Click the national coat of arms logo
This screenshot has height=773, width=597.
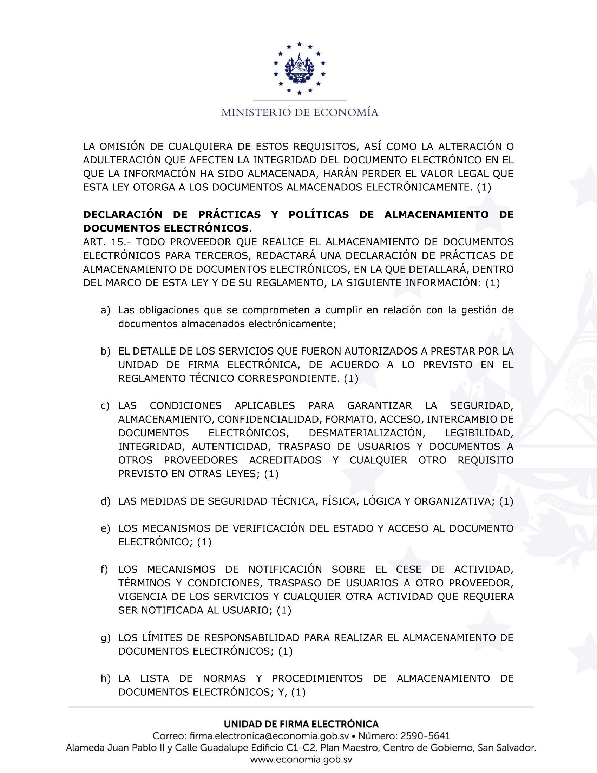pos(299,68)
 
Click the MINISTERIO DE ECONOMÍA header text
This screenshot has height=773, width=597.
pos(300,112)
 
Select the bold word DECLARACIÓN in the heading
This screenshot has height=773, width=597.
pos(122,214)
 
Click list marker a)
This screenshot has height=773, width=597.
pos(105,310)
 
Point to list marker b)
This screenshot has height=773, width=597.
pos(105,351)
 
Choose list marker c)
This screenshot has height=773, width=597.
pos(105,406)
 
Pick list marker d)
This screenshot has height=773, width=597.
pos(105,501)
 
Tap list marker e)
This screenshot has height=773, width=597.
pos(105,529)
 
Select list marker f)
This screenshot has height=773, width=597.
pos(104,570)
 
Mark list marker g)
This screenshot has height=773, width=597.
pos(105,638)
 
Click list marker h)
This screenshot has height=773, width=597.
pos(105,679)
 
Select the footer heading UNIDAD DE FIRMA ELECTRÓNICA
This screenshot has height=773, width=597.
pos(301,724)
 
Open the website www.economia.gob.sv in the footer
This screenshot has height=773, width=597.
pos(301,760)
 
